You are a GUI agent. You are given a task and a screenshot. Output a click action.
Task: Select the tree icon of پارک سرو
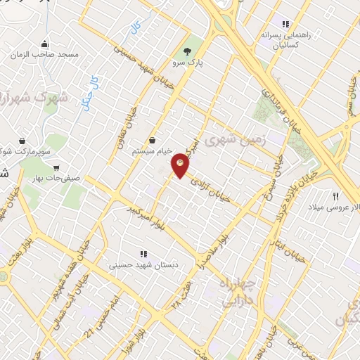click(187, 51)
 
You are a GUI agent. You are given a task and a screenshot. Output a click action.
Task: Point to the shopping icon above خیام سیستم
click(153, 141)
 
